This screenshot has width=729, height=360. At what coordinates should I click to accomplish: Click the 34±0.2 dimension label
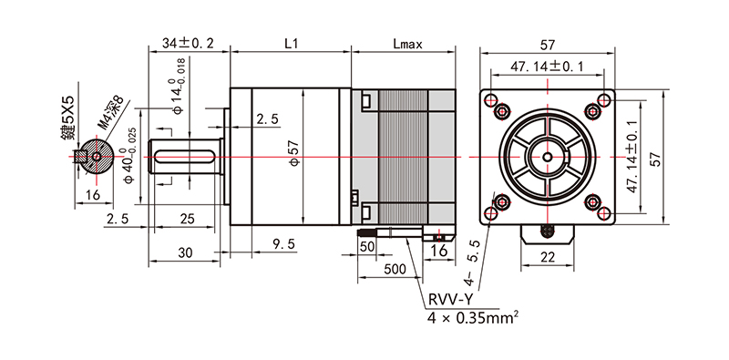click(x=188, y=44)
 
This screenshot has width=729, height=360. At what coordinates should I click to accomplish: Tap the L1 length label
click(x=291, y=44)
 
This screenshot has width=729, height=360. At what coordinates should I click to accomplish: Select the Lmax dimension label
click(x=406, y=44)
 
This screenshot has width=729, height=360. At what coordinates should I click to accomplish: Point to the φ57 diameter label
click(x=294, y=156)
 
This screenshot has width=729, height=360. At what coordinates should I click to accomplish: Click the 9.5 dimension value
click(x=284, y=244)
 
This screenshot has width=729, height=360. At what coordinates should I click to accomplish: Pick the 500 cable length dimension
click(x=395, y=269)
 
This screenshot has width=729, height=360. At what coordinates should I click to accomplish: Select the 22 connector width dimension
click(x=548, y=257)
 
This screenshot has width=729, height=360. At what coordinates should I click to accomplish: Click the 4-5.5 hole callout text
click(x=472, y=262)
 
